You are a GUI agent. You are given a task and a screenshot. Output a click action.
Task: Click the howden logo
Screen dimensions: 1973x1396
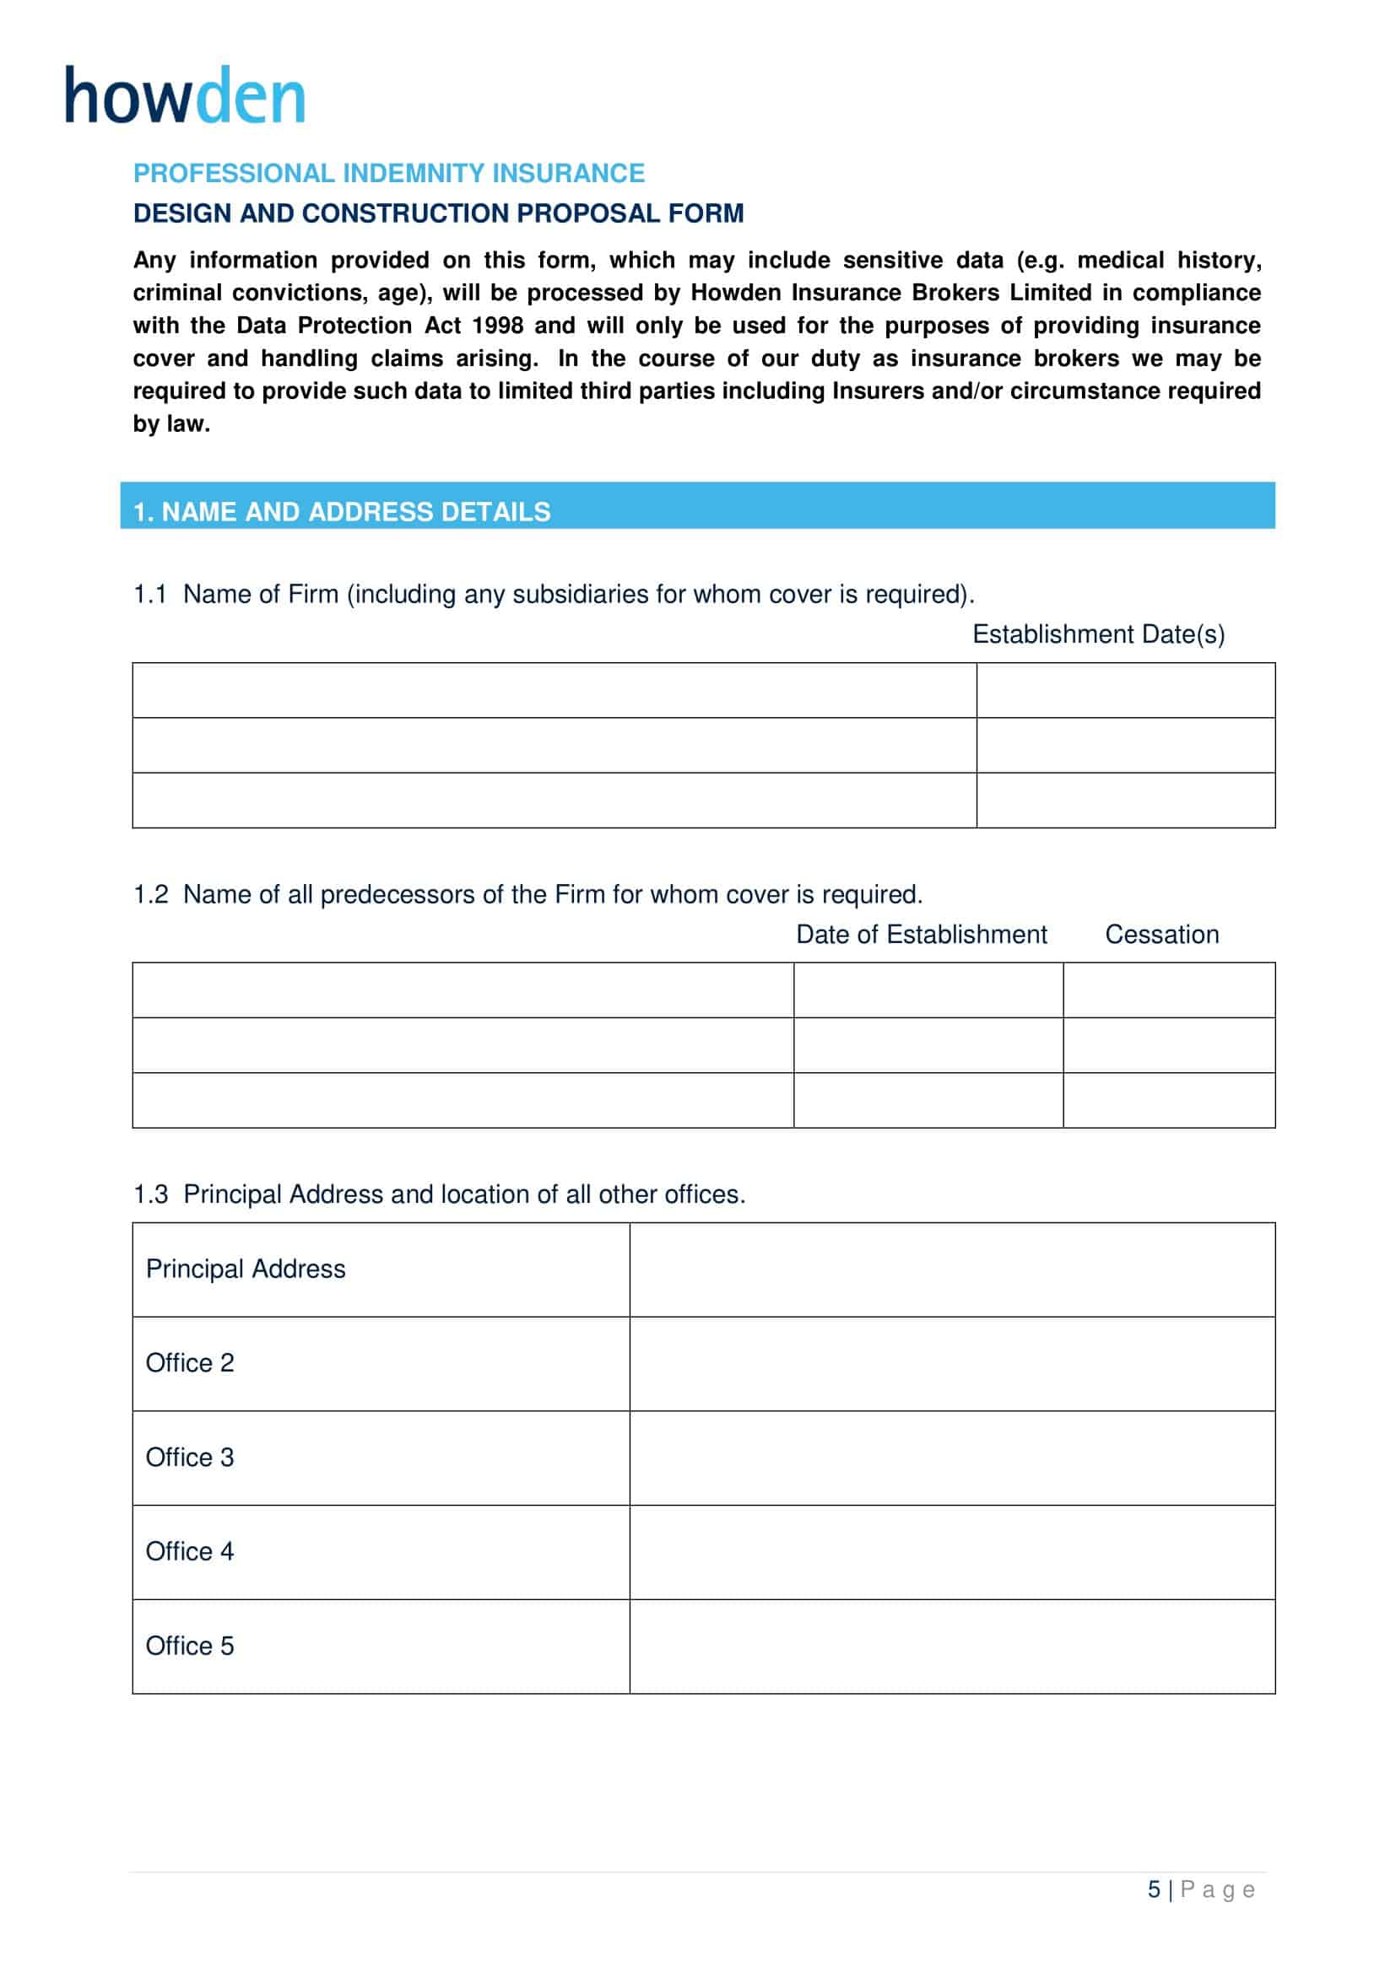point(185,95)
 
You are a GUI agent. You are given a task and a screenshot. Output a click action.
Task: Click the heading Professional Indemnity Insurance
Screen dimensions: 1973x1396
point(388,174)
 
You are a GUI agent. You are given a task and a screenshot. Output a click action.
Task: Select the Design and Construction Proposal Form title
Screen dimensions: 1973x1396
point(438,213)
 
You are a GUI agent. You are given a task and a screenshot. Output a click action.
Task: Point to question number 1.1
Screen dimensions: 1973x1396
point(149,595)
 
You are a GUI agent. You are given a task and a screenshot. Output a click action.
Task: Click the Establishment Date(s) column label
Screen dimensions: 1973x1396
point(1098,634)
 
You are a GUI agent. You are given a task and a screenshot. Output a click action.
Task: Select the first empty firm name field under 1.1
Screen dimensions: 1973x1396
point(554,690)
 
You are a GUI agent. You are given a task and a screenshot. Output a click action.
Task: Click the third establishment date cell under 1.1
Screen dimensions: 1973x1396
point(1125,800)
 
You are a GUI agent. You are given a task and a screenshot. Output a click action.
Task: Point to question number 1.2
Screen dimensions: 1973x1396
point(149,894)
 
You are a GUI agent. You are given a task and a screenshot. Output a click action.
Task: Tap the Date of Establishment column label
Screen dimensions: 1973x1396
point(921,934)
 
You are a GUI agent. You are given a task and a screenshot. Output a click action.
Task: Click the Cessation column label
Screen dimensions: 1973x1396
point(1161,934)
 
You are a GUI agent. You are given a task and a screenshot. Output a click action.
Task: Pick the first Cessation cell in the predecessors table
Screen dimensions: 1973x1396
point(1168,990)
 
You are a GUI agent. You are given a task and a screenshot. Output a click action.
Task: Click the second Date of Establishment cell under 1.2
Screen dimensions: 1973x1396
point(928,1045)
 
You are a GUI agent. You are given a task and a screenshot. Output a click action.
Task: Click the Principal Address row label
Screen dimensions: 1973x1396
point(246,1270)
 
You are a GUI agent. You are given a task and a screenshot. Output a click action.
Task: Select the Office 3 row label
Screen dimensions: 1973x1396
point(190,1458)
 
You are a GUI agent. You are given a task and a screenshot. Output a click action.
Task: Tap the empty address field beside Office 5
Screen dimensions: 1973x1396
point(951,1647)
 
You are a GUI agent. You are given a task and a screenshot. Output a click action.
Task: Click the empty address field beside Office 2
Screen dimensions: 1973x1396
point(951,1364)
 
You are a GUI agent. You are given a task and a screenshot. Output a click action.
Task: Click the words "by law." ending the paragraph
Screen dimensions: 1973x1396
point(171,424)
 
